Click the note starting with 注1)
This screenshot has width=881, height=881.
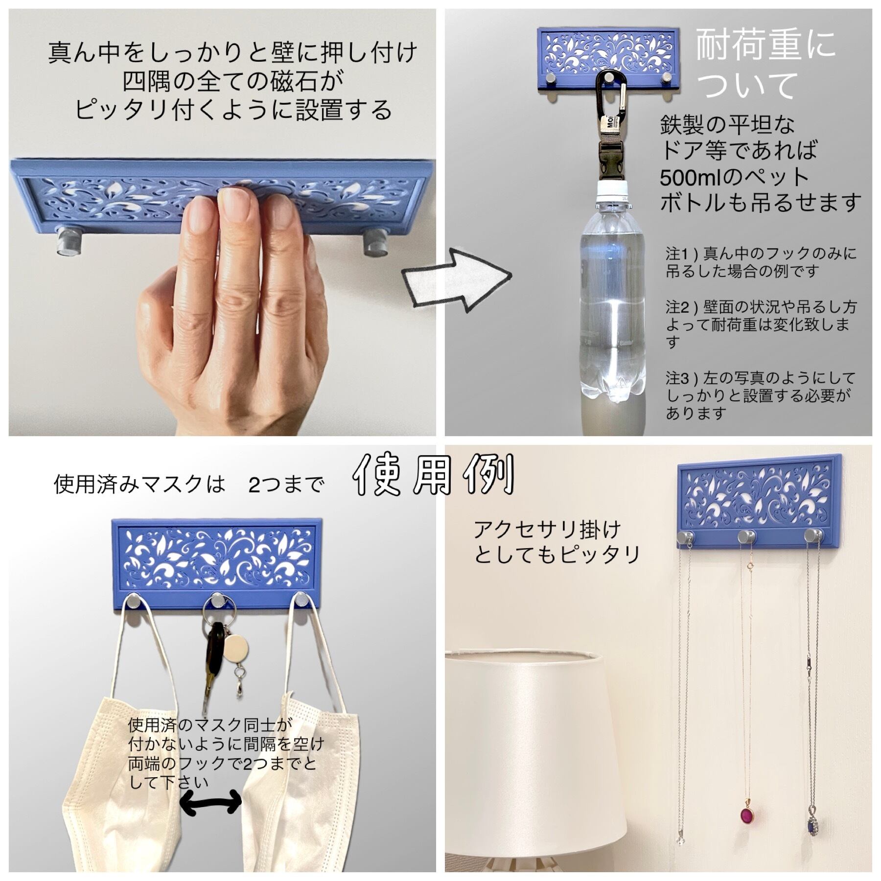point(761,262)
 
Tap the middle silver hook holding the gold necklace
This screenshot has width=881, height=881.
point(747,537)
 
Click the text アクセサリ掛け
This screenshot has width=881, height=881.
point(547,530)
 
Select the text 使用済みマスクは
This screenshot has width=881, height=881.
point(139,484)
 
